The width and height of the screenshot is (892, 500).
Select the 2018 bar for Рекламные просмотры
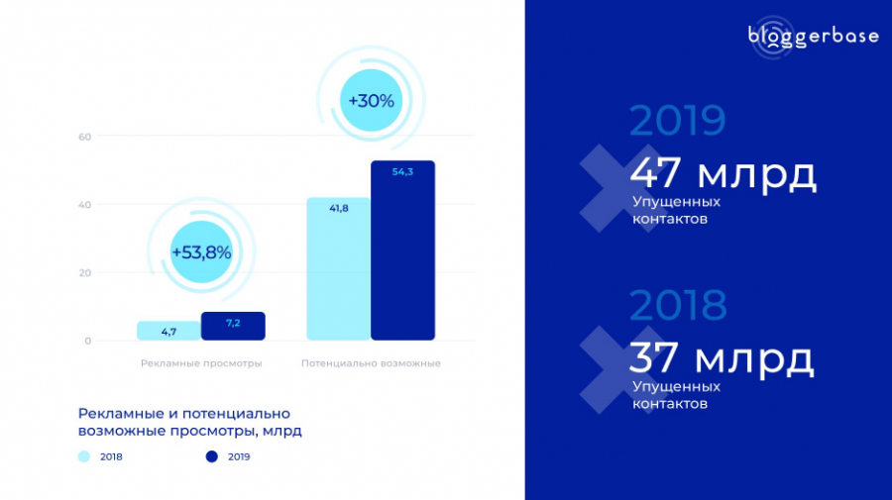[x=168, y=331]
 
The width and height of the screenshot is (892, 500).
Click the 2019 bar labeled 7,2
[x=233, y=326]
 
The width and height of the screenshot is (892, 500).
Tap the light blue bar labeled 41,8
[x=338, y=269]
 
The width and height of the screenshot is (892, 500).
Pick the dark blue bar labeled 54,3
[x=402, y=250]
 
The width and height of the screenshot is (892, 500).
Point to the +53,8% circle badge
[x=201, y=252]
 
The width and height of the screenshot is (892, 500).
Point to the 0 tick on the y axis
[x=87, y=342]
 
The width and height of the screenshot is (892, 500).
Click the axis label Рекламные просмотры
[x=201, y=364]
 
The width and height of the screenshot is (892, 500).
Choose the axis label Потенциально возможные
[x=371, y=364]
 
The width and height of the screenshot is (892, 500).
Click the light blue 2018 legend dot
[x=84, y=456]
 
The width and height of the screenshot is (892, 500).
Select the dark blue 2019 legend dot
[x=211, y=456]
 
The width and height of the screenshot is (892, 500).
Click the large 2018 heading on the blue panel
[x=678, y=306]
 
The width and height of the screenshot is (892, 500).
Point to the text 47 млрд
[x=724, y=174]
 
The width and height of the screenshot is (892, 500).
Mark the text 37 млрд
[x=722, y=358]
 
